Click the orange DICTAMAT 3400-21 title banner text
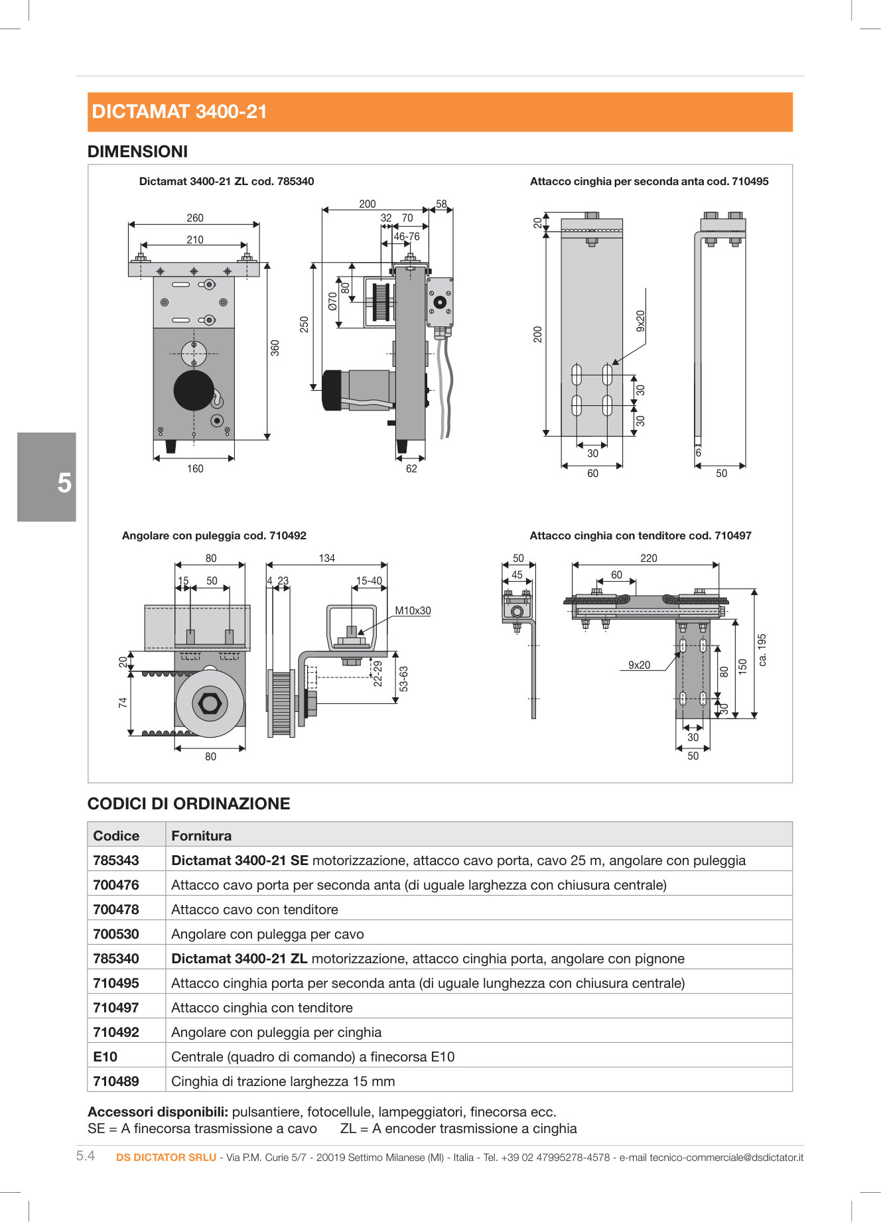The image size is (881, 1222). (179, 111)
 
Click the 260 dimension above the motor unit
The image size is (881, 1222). (195, 218)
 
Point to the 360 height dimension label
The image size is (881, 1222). (275, 348)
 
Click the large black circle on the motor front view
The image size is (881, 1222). (194, 390)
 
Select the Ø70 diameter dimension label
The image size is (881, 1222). (332, 301)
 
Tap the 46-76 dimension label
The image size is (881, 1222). (407, 236)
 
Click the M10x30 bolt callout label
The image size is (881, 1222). (413, 610)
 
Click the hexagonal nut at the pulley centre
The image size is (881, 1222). (210, 703)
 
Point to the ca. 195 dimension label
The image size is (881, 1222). (762, 649)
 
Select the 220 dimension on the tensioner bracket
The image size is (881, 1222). (648, 558)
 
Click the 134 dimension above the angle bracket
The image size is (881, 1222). (326, 558)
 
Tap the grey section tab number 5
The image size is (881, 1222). (64, 482)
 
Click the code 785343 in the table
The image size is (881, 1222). (116, 860)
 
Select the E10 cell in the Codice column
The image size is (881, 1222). (105, 1057)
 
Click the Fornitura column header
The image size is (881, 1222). (201, 836)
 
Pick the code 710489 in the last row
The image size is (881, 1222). (116, 1081)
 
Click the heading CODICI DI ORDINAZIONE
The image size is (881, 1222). (189, 803)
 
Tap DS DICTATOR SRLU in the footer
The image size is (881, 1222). (166, 1157)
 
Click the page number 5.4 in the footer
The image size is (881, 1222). (86, 1156)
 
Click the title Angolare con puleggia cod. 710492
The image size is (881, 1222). (214, 535)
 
